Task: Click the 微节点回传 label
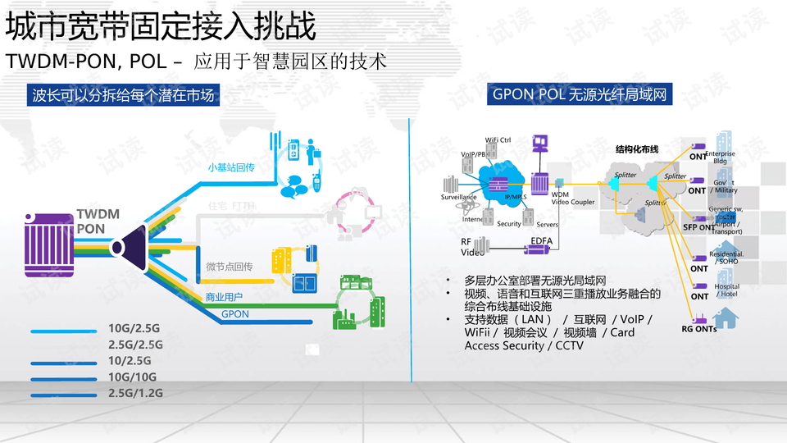(x=229, y=267)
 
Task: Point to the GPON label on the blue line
(x=235, y=313)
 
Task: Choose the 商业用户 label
(x=224, y=296)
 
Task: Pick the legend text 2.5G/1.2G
(x=136, y=394)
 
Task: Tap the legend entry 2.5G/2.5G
(x=136, y=345)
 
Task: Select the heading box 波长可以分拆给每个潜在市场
(x=124, y=95)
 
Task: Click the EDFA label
(x=541, y=240)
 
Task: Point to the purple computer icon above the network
(x=539, y=144)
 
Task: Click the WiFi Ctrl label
(x=498, y=140)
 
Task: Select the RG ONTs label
(x=698, y=329)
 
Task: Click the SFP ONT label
(x=699, y=227)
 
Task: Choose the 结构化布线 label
(x=637, y=149)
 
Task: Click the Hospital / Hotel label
(x=727, y=290)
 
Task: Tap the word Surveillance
(x=459, y=198)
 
